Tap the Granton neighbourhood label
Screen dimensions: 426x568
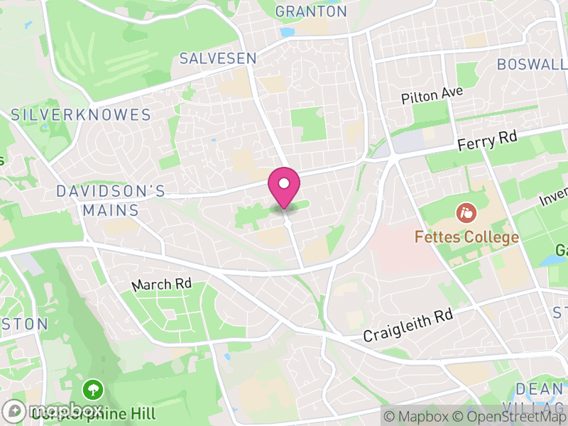[311, 11]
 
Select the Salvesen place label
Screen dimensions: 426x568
[217, 58]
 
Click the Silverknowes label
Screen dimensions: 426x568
[81, 115]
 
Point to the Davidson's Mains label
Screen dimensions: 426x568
[110, 201]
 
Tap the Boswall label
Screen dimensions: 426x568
[531, 64]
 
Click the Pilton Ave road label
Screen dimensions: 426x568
[432, 94]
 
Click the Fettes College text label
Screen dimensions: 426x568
[467, 237]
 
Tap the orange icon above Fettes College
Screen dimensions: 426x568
[466, 212]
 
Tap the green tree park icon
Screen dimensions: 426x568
[93, 389]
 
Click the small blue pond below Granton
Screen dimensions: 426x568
[287, 32]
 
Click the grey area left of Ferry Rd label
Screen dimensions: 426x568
[407, 143]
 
